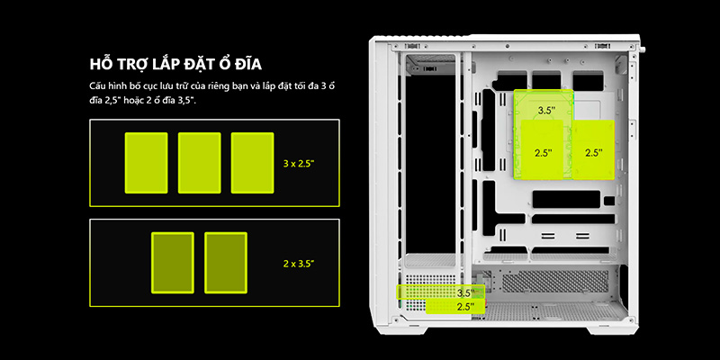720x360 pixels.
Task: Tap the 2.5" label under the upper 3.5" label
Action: (x=543, y=153)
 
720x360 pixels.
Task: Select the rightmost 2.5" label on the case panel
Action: (x=594, y=153)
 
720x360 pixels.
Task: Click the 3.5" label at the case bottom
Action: (x=465, y=293)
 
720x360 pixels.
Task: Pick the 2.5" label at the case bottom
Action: (x=465, y=307)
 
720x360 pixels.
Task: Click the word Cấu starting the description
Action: (x=98, y=85)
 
